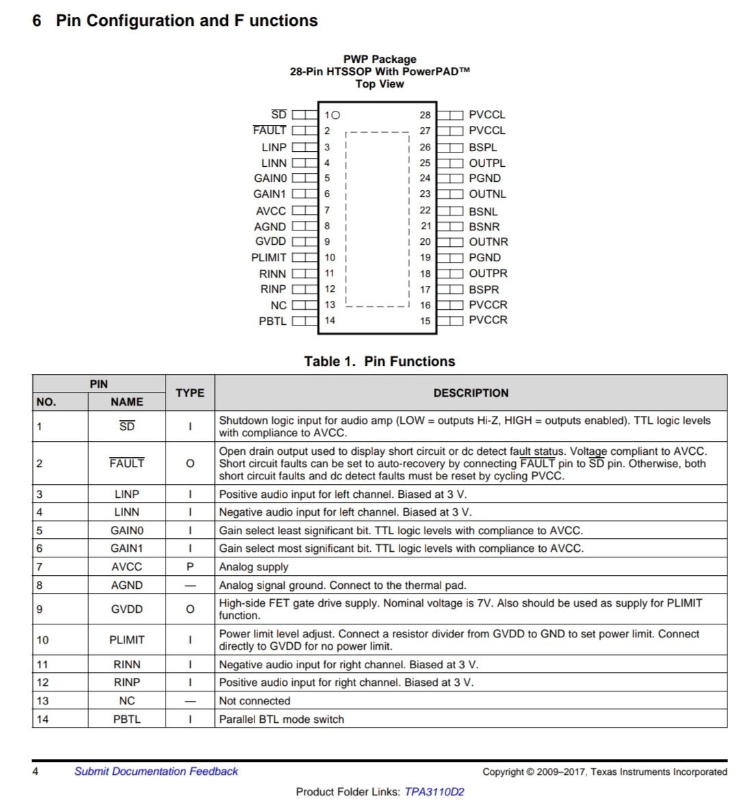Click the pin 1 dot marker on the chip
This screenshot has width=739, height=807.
click(335, 115)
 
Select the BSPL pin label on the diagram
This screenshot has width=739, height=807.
click(483, 147)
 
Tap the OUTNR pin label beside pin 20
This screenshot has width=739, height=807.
click(488, 242)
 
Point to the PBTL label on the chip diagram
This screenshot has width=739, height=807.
click(272, 321)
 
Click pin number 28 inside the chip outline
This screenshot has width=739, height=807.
click(425, 115)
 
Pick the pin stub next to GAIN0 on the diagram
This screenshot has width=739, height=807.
click(304, 178)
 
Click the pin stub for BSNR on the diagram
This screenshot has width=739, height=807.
click(450, 226)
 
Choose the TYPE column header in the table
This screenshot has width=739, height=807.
click(190, 393)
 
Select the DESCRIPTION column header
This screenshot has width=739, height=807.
click(471, 393)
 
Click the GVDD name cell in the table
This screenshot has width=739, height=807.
click(127, 609)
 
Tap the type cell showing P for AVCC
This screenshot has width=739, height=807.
click(190, 566)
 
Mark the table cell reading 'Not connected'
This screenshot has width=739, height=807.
click(255, 701)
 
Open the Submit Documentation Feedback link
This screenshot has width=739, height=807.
click(156, 771)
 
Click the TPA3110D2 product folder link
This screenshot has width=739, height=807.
click(434, 792)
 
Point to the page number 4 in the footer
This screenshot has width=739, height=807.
click(36, 771)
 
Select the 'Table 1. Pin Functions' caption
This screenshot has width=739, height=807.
click(380, 361)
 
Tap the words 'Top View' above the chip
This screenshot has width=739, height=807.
click(380, 84)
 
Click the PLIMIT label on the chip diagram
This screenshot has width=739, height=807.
click(269, 258)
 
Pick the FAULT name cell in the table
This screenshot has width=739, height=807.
click(127, 463)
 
